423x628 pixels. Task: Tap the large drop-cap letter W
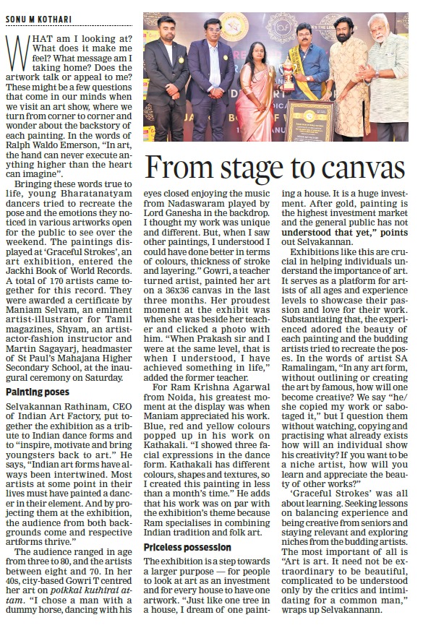pyautogui.click(x=18, y=51)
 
